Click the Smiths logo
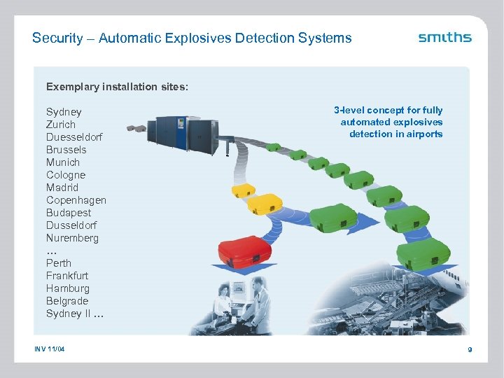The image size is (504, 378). pos(444,37)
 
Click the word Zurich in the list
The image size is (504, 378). pos(62,125)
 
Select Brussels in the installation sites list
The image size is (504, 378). pos(66,150)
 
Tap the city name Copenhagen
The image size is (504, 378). pos(76,200)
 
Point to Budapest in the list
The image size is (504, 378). pos(69,213)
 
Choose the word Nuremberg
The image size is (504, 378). pos(72,238)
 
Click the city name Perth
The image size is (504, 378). pos(59,263)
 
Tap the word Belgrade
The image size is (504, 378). pos(67,301)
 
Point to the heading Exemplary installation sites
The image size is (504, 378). pos(117,87)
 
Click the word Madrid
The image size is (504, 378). pos(62,188)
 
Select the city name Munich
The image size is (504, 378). pos(63,162)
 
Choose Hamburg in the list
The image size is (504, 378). pos(68,288)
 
